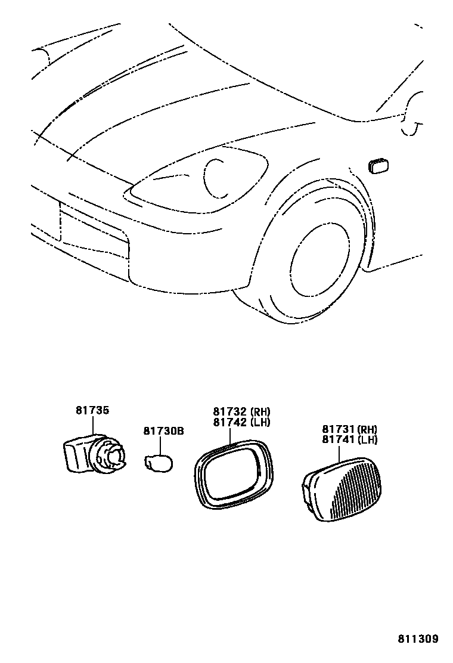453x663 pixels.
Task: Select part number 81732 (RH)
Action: [x=241, y=411]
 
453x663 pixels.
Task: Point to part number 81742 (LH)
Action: [x=241, y=422]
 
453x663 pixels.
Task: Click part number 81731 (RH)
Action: [x=350, y=429]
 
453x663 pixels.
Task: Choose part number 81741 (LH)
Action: [x=350, y=440]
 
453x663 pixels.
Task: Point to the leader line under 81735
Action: [x=93, y=426]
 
